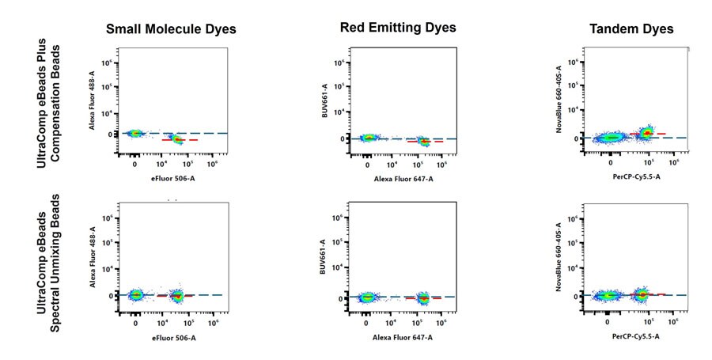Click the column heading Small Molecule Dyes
(172, 30)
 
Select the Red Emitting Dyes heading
(398, 28)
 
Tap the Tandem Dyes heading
(631, 29)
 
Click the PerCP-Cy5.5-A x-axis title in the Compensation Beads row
(635, 177)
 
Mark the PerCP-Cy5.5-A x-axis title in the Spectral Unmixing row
(635, 336)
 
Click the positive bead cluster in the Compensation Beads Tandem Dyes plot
(646, 133)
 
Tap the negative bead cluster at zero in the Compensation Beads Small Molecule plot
(134, 134)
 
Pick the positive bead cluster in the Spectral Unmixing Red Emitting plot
(423, 298)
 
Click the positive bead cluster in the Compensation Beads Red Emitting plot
(424, 141)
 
